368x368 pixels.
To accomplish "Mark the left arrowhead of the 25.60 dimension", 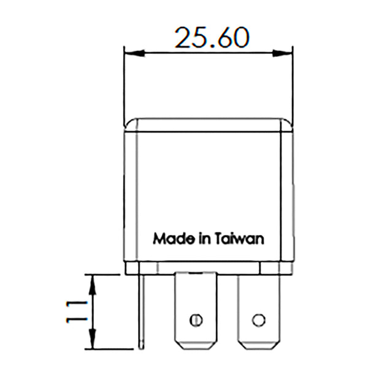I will point(129,53).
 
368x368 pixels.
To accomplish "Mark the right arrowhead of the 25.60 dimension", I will point(286,53).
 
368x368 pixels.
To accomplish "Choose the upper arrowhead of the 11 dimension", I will point(92,280).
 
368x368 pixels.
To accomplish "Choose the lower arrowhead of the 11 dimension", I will point(92,344).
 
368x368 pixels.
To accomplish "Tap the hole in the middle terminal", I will point(196,320).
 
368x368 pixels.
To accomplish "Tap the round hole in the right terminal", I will point(259,320).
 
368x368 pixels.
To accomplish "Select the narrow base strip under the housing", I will point(209,267).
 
